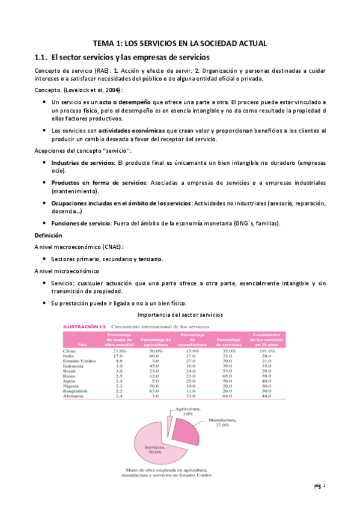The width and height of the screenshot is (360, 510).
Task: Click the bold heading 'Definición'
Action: [48, 235]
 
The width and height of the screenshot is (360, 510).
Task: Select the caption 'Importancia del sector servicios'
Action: [180, 315]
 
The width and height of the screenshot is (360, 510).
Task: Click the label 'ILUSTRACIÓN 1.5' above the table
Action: [85, 327]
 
